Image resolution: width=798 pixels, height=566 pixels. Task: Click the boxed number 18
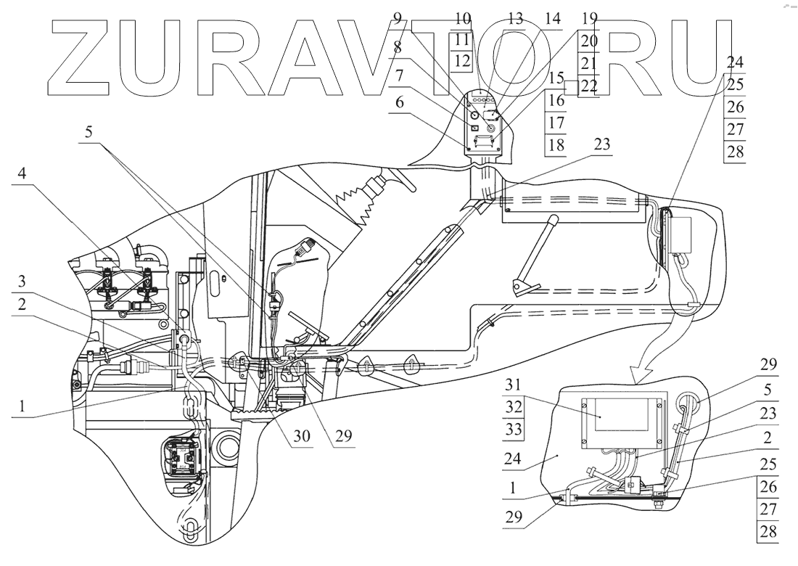[x=556, y=145]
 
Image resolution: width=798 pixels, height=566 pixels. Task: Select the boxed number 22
[x=589, y=85]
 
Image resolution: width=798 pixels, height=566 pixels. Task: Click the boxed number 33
[x=513, y=429]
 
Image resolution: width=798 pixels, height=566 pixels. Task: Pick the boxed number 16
[x=556, y=101]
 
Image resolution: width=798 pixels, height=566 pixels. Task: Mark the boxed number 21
[x=589, y=63]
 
